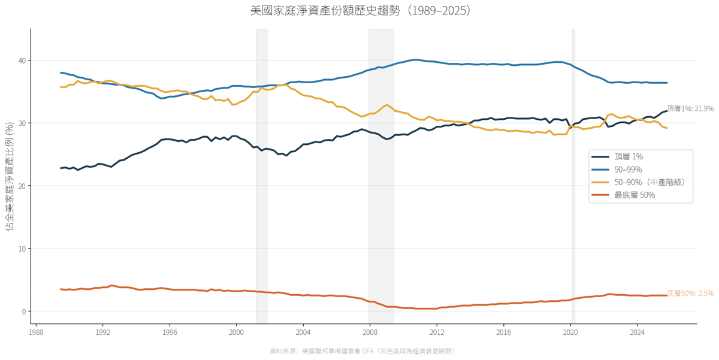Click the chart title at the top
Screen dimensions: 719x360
pyautogui.click(x=361, y=11)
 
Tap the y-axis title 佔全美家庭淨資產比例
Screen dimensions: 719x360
pyautogui.click(x=10, y=176)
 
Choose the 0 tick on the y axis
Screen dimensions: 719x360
pyautogui.click(x=24, y=311)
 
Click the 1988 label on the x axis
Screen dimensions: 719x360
pyautogui.click(x=36, y=332)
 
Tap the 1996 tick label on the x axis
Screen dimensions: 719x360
pyautogui.click(x=170, y=332)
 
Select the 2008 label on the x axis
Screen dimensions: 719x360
pyautogui.click(x=370, y=332)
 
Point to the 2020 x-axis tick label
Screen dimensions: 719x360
pyautogui.click(x=570, y=332)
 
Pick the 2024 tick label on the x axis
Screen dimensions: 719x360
pyautogui.click(x=637, y=332)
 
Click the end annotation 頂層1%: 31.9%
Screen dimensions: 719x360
pyautogui.click(x=690, y=108)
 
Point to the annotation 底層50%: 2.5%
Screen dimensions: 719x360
pyautogui.click(x=690, y=294)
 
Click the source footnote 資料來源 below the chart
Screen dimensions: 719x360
pyautogui.click(x=362, y=351)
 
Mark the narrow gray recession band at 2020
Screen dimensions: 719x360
pyautogui.click(x=573, y=176)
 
